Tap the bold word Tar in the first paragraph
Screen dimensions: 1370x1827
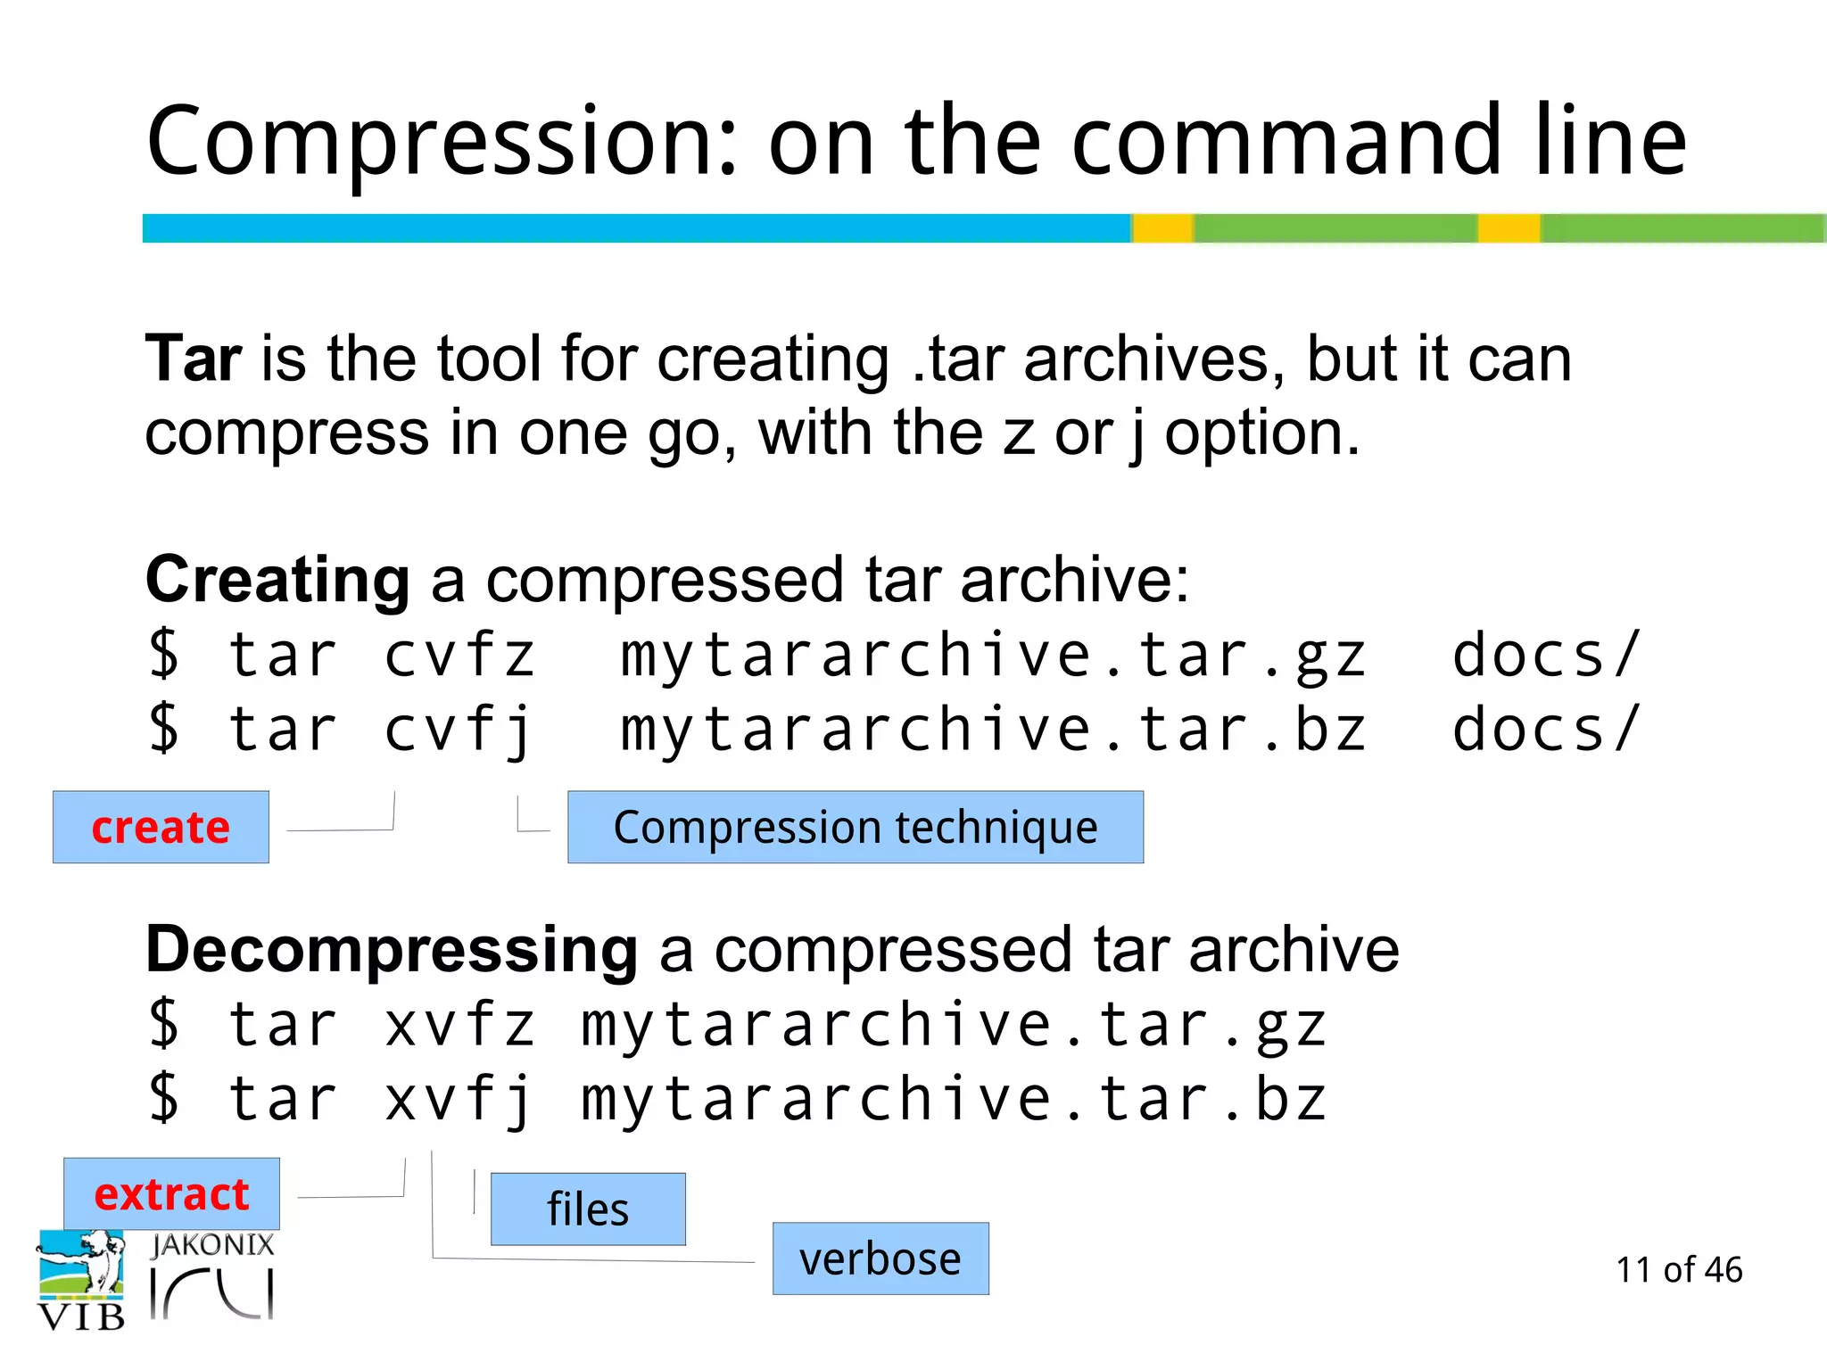point(193,359)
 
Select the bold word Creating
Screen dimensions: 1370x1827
point(277,580)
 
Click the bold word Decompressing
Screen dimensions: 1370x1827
point(392,950)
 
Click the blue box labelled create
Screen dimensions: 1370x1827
point(161,827)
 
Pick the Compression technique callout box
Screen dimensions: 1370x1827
point(856,827)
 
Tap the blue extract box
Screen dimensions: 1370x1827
point(171,1193)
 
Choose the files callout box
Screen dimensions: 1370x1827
point(588,1209)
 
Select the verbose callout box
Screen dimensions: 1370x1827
point(880,1259)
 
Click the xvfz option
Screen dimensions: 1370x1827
point(459,1025)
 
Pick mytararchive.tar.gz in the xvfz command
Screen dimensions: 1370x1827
point(954,1025)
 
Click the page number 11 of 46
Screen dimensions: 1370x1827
point(1678,1269)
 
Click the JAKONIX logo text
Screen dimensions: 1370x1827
point(212,1245)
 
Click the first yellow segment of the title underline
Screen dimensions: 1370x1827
point(1162,228)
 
